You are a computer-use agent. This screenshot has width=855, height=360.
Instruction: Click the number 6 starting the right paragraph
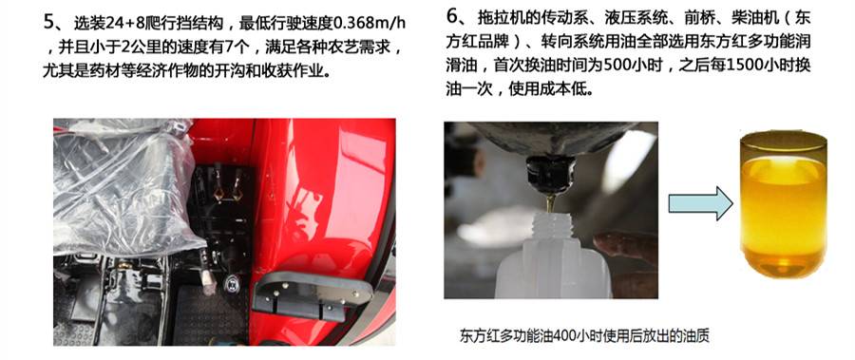pos(452,20)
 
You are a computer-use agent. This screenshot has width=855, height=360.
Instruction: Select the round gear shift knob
pos(232,283)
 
